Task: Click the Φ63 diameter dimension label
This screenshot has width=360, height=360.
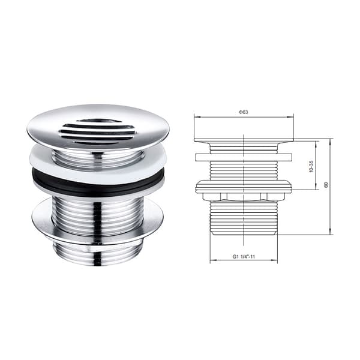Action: click(243, 112)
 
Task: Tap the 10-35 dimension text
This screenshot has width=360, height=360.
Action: click(311, 166)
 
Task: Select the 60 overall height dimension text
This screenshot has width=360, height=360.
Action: click(326, 185)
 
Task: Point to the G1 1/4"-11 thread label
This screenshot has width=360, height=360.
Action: click(244, 256)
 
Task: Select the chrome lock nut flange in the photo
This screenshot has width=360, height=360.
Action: click(98, 220)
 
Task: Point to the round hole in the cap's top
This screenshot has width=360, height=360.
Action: click(95, 121)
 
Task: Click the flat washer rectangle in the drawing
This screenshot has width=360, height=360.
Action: click(244, 157)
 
